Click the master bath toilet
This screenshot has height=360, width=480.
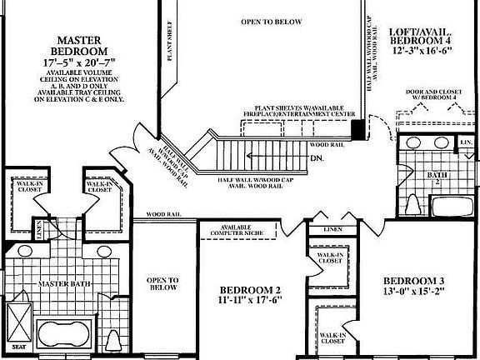tap(115, 340)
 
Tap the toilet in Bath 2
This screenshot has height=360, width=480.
tap(413, 204)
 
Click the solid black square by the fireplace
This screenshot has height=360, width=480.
tap(357, 129)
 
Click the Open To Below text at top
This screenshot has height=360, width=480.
tap(271, 22)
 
